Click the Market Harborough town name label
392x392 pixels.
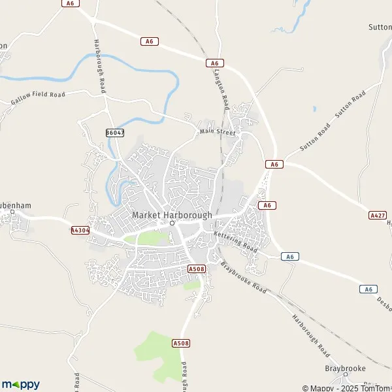click(172, 214)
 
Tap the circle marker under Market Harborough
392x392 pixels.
click(172, 223)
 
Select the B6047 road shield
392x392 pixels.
click(114, 132)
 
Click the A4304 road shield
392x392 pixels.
click(80, 230)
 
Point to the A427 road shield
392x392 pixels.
click(378, 215)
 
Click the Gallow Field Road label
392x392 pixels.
click(39, 99)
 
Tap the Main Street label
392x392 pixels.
click(218, 132)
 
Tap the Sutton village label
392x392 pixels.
click(380, 28)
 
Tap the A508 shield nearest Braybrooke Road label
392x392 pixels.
click(196, 269)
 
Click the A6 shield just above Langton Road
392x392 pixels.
click(215, 63)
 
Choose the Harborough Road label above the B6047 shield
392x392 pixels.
click(101, 73)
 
